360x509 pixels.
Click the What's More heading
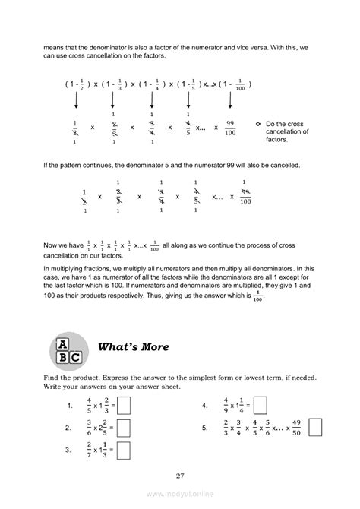[134, 348]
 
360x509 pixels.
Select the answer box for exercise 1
[125, 406]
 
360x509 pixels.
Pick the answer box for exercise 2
[125, 428]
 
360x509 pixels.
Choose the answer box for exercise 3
[125, 451]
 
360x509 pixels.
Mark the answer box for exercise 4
[261, 406]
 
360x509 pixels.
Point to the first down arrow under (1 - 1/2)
[75, 104]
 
